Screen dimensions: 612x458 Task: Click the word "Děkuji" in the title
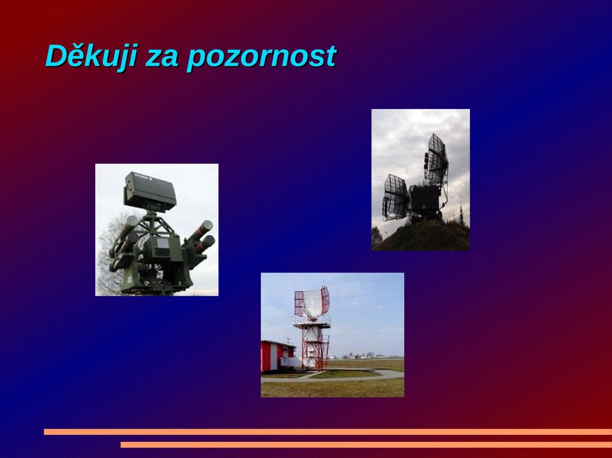pyautogui.click(x=91, y=57)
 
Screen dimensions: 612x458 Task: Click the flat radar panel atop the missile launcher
pyautogui.click(x=150, y=191)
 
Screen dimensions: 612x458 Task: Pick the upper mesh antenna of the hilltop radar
pyautogui.click(x=436, y=160)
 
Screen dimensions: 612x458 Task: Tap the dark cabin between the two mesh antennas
pyautogui.click(x=426, y=201)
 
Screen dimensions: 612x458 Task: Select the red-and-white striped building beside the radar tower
pyautogui.click(x=278, y=356)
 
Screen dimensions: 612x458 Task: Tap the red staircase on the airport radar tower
pyautogui.click(x=325, y=350)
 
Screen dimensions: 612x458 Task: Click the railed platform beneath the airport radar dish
pyautogui.click(x=312, y=322)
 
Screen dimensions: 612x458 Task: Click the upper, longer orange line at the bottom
pyautogui.click(x=328, y=431)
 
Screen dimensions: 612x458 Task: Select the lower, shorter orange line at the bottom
pyautogui.click(x=366, y=445)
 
